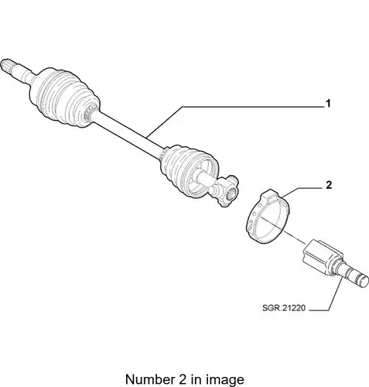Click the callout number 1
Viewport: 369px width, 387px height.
pos(328,104)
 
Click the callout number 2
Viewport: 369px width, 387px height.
pos(329,185)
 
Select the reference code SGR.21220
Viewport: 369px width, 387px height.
pos(284,308)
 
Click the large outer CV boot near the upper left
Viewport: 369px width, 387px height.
pos(64,98)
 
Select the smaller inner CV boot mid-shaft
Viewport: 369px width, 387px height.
pos(188,170)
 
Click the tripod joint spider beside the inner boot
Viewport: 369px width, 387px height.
pos(224,191)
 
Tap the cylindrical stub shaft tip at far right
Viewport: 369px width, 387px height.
pos(357,279)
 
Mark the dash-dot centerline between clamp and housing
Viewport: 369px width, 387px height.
pos(284,231)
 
